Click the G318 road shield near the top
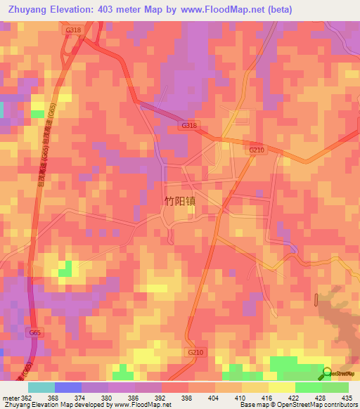[73, 31]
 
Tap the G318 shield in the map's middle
[189, 125]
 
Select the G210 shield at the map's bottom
[195, 352]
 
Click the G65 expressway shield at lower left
[35, 332]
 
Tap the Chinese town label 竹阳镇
[179, 201]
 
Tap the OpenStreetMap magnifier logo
[326, 374]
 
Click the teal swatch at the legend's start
[41, 387]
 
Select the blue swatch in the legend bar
[68, 387]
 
